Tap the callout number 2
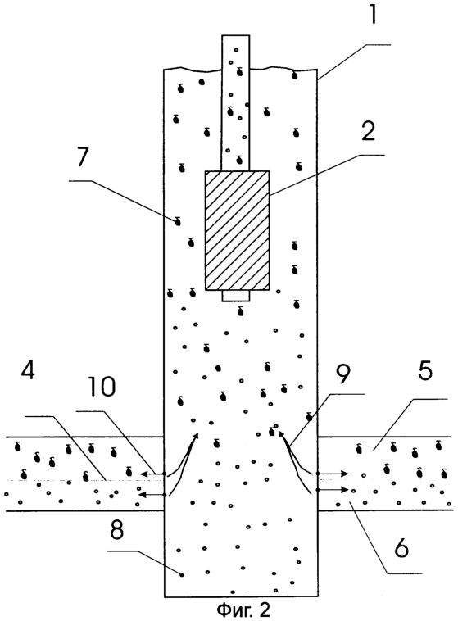(368, 131)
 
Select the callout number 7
(84, 156)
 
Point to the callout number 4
(29, 369)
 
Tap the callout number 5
(425, 369)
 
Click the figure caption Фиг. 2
(243, 610)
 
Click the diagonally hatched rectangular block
(238, 230)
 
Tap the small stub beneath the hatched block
(236, 297)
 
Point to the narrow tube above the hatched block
(236, 103)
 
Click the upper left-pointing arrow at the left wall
(152, 474)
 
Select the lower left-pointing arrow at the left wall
(152, 495)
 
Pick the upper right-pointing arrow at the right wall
(333, 474)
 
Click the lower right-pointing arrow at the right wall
(333, 490)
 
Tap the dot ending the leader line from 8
(182, 575)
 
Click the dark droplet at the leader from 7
(178, 222)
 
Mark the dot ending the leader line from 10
(164, 474)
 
